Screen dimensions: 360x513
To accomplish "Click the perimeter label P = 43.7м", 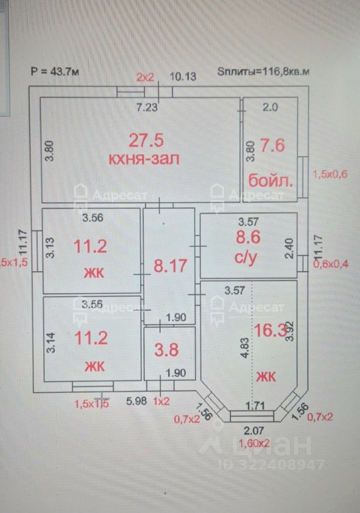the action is (x=54, y=72).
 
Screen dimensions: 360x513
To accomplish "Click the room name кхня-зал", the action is (x=144, y=158).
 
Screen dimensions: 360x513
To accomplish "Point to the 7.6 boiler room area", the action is (x=272, y=145).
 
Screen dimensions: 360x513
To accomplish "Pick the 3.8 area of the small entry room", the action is (x=167, y=349).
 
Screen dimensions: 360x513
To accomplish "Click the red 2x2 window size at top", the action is (x=145, y=76).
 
